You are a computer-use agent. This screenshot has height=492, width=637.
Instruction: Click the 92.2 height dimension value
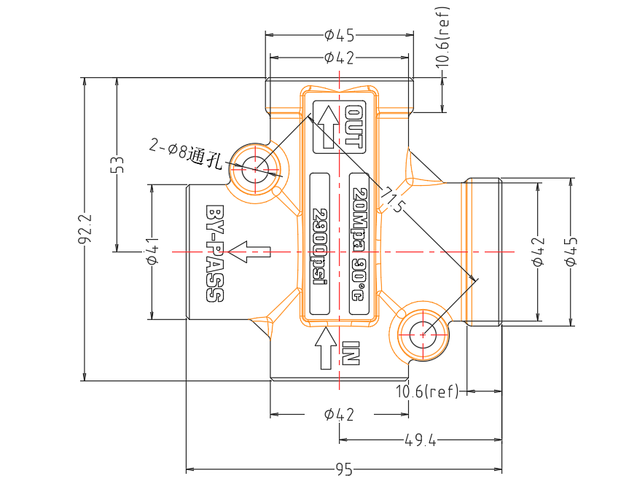pyautogui.click(x=85, y=229)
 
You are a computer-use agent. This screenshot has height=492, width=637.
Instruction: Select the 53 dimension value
pyautogui.click(x=117, y=164)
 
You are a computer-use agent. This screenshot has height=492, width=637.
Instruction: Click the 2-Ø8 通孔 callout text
pyautogui.click(x=186, y=154)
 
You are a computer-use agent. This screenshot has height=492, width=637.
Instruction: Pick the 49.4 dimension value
pyautogui.click(x=421, y=440)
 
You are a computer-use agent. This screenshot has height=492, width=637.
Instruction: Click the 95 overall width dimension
pyautogui.click(x=344, y=469)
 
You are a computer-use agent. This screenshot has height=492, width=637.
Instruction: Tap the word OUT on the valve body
pyautogui.click(x=353, y=126)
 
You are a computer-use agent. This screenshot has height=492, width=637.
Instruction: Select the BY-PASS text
pyautogui.click(x=215, y=254)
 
